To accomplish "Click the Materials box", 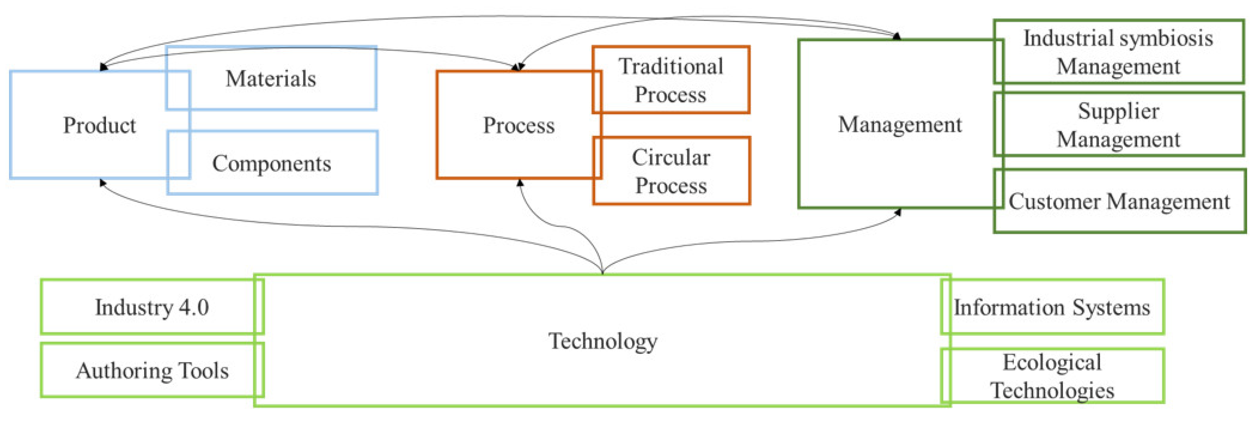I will pyautogui.click(x=271, y=78).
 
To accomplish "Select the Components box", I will pyautogui.click(x=272, y=163).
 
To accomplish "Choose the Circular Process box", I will pyautogui.click(x=671, y=171).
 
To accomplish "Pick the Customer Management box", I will pyautogui.click(x=1119, y=201).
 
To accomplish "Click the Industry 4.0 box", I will pyautogui.click(x=152, y=307).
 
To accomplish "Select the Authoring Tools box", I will pyautogui.click(x=152, y=370).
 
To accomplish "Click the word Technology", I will pyautogui.click(x=603, y=340).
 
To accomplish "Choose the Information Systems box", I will pyautogui.click(x=1052, y=307).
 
